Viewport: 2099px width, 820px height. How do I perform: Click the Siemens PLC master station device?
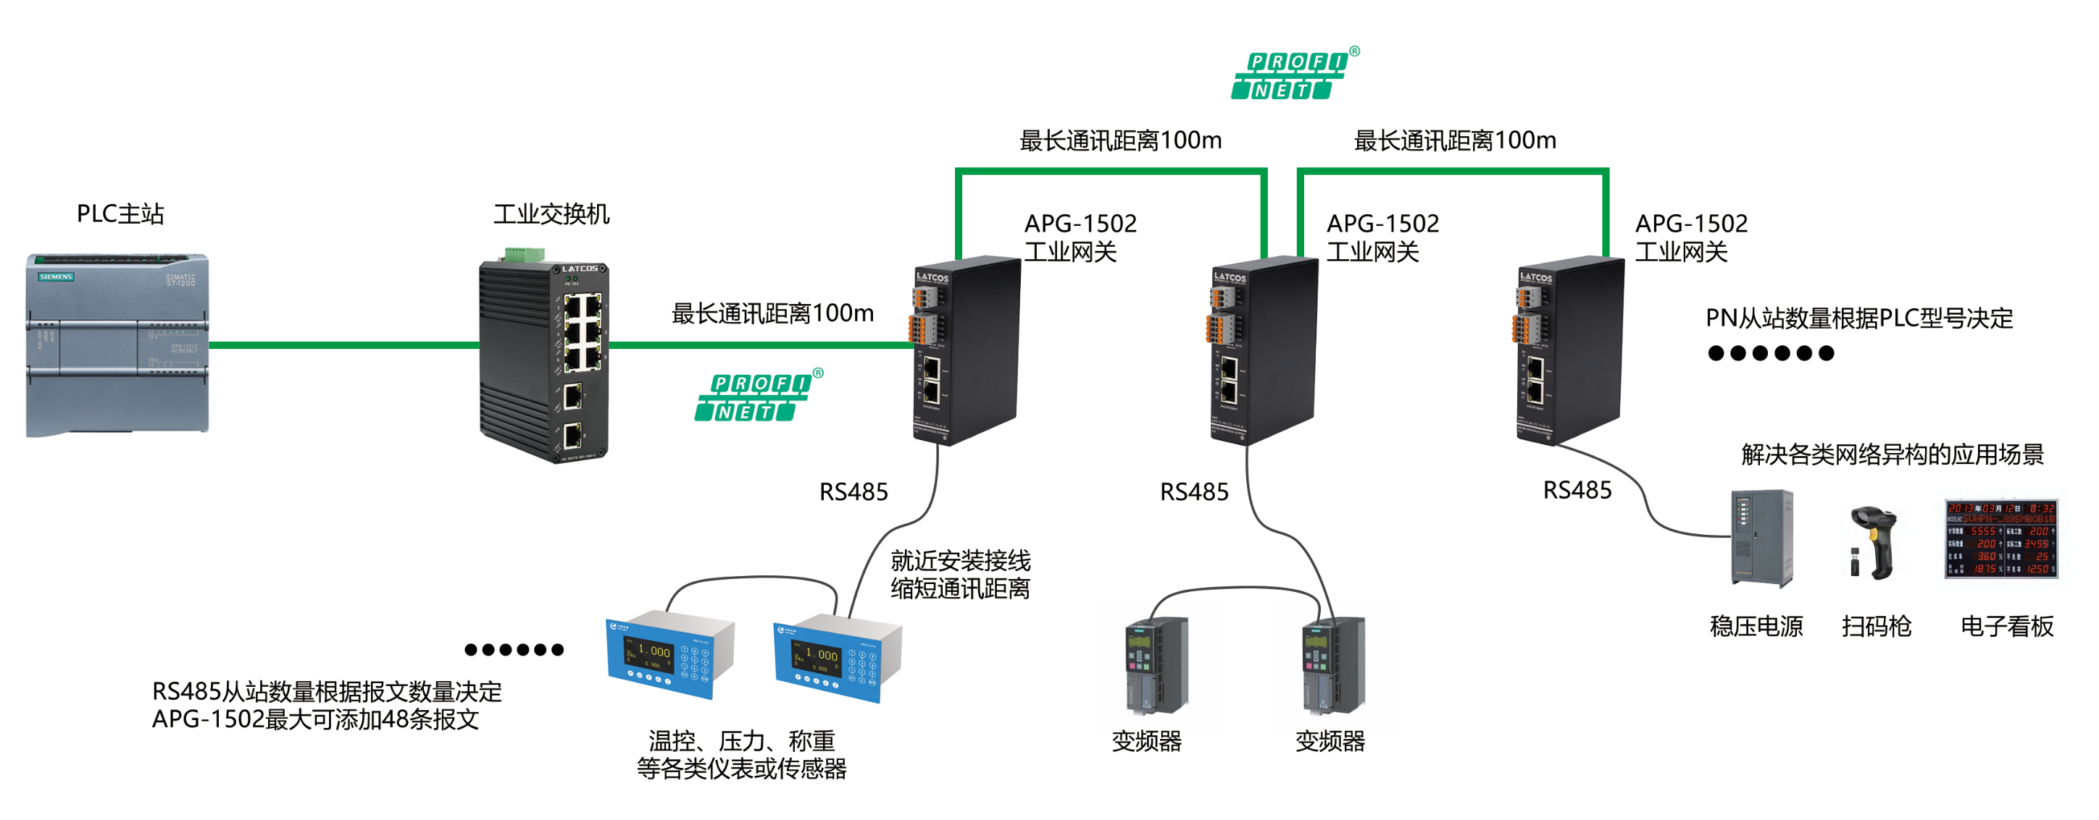click(x=117, y=345)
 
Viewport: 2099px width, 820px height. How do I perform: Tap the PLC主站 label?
click(x=120, y=214)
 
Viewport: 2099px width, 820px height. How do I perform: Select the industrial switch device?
click(x=543, y=360)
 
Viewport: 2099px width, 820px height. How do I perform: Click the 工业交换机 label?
click(x=551, y=214)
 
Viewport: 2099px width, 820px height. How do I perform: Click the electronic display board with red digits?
click(x=2000, y=538)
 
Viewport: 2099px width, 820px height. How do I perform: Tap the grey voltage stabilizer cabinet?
click(x=1761, y=538)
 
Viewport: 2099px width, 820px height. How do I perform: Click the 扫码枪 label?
click(x=1876, y=626)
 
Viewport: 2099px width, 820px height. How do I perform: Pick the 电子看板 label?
click(x=2006, y=626)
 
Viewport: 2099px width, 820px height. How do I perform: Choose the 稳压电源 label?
click(x=1756, y=626)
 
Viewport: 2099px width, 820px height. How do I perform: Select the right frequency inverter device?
click(x=1333, y=665)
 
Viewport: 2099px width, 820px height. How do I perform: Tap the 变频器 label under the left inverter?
click(x=1146, y=741)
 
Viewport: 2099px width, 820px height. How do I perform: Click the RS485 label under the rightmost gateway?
click(x=1577, y=490)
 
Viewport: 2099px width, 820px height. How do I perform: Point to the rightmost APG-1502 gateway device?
click(x=1569, y=350)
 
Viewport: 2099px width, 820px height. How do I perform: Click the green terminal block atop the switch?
click(x=524, y=255)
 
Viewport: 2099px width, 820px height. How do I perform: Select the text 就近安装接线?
click(x=960, y=560)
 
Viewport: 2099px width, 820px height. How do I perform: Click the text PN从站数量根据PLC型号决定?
click(x=1858, y=318)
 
